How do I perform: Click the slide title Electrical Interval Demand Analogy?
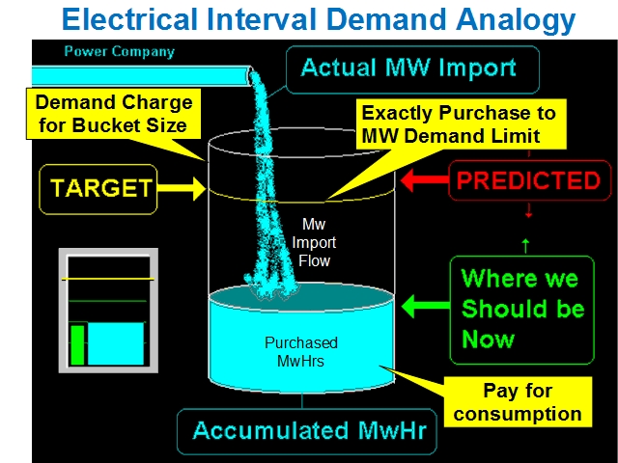click(319, 19)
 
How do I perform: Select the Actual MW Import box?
click(408, 68)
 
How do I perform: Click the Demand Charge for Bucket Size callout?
click(113, 113)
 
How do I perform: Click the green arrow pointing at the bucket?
click(424, 309)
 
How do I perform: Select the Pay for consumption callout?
click(518, 403)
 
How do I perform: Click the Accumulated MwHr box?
click(307, 431)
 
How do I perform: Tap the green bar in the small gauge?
click(77, 344)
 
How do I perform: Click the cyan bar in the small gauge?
click(117, 343)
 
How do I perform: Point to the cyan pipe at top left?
click(135, 74)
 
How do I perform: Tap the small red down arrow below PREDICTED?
click(528, 212)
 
